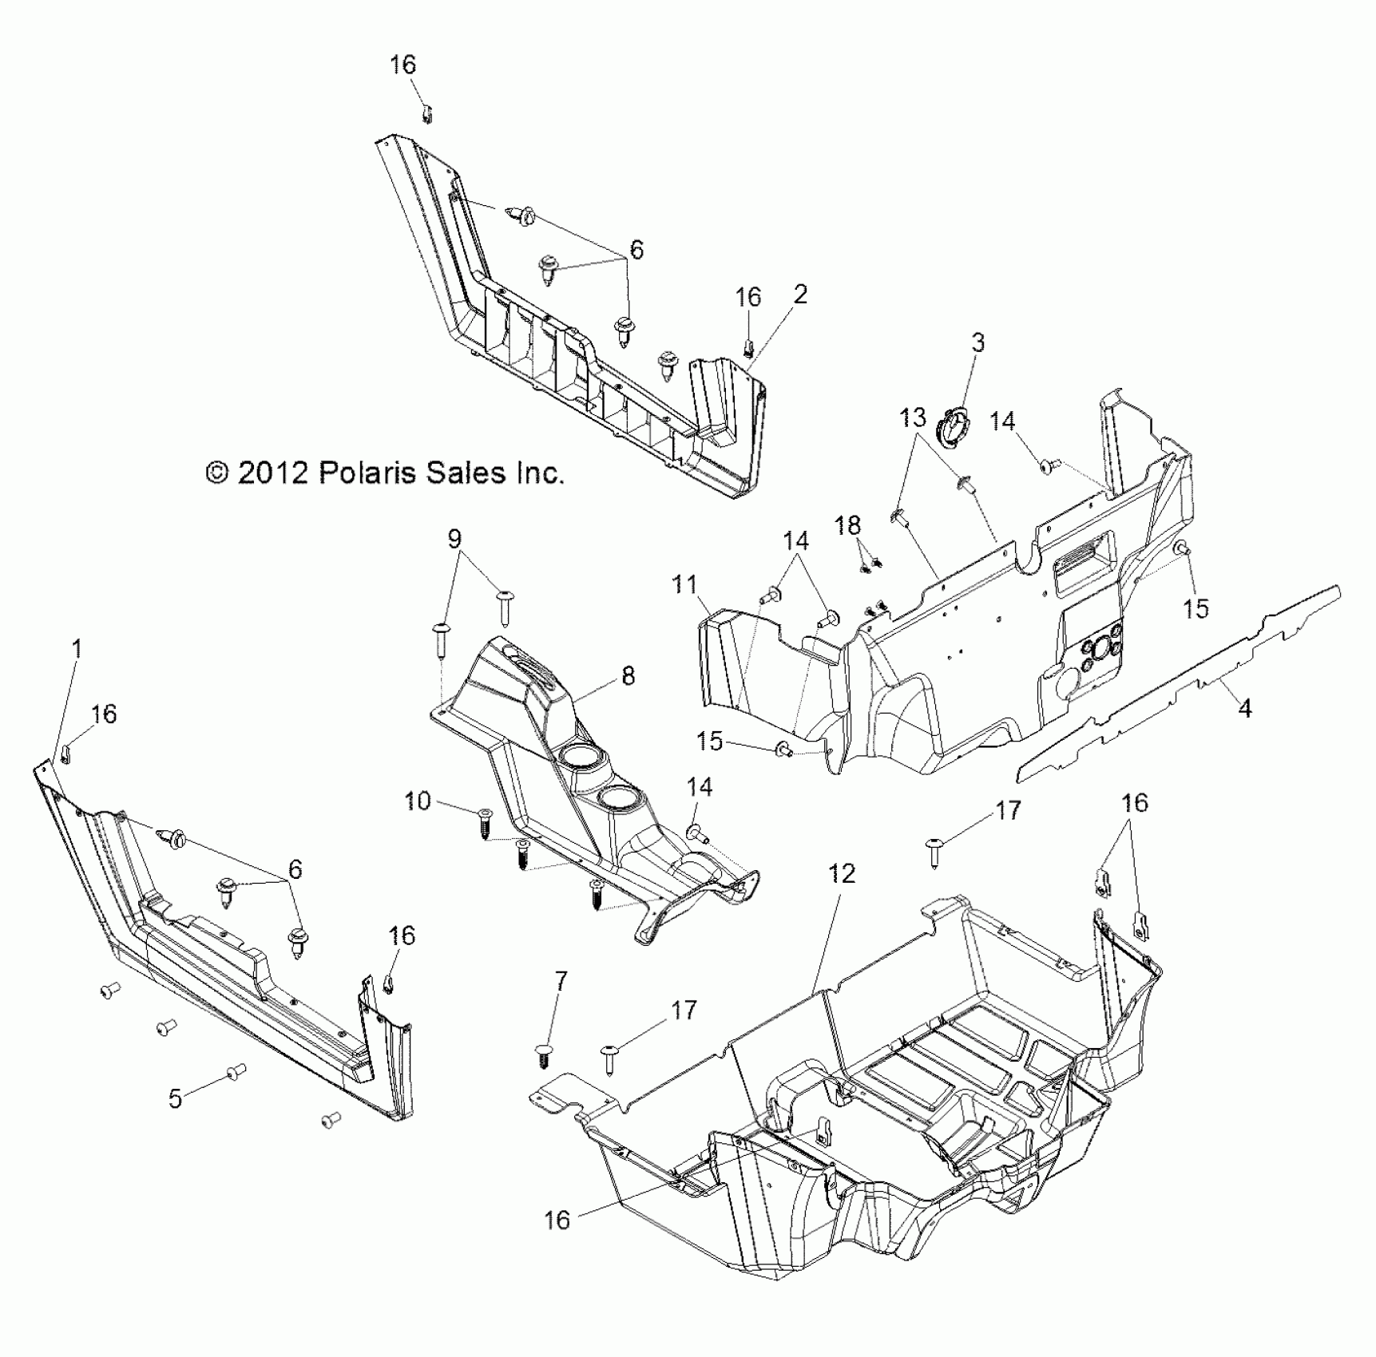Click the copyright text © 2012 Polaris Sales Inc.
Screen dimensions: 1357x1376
[385, 473]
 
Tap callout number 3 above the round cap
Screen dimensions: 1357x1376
[977, 343]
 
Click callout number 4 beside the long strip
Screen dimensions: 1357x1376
[1244, 707]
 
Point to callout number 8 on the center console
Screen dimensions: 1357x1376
[628, 676]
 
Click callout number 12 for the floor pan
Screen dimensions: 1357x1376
[843, 873]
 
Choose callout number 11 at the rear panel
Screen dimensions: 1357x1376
[685, 585]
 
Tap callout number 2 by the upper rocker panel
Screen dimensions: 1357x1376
[800, 295]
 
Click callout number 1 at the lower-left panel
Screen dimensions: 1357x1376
[77, 648]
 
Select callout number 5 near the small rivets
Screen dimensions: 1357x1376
[175, 1098]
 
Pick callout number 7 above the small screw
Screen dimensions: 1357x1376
[561, 981]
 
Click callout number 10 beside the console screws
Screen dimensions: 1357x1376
[418, 801]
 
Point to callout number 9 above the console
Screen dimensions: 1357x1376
[454, 539]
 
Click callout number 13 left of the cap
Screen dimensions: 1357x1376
[913, 417]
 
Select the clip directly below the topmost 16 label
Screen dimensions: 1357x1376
[426, 114]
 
